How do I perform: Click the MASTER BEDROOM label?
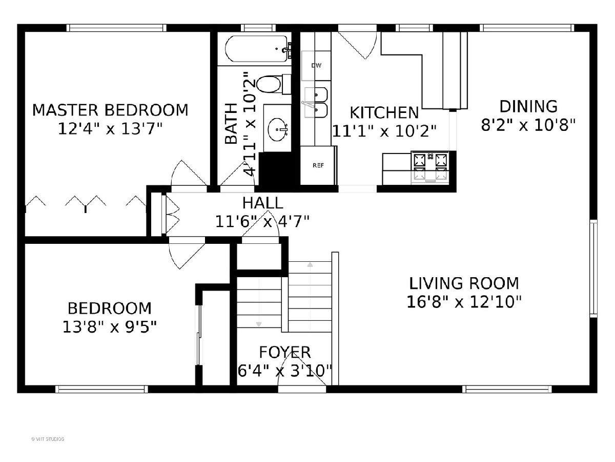(x=110, y=110)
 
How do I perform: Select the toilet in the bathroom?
(x=273, y=84)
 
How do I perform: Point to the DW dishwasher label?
(x=316, y=66)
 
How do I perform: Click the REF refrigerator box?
(x=318, y=165)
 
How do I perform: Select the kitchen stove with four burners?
(x=430, y=167)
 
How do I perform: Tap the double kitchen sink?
(x=316, y=102)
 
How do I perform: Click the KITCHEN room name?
(x=384, y=113)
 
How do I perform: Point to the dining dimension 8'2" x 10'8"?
(x=528, y=125)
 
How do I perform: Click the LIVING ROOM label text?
(x=464, y=283)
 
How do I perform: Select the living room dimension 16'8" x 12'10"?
(x=464, y=302)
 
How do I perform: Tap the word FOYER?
(x=284, y=352)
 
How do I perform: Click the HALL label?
(x=262, y=203)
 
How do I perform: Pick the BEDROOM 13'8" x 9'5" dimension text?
(x=109, y=327)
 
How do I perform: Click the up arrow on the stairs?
(x=310, y=264)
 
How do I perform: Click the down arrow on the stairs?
(x=259, y=324)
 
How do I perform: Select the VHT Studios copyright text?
(x=48, y=439)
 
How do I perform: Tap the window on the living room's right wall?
(x=593, y=268)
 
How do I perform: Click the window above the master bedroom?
(x=116, y=28)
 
